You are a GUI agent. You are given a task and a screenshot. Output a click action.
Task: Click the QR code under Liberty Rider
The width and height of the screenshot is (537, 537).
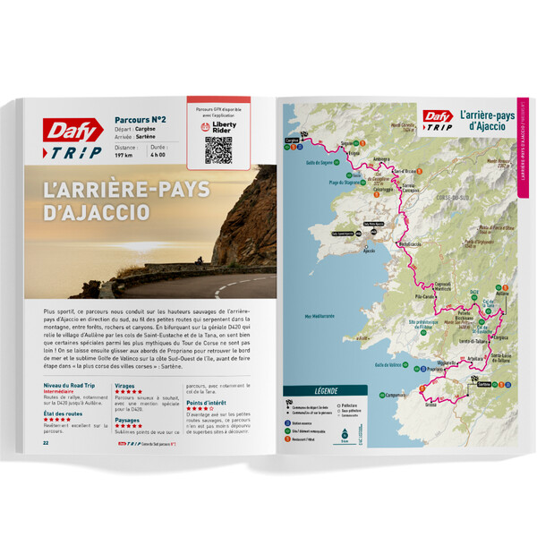(x=217, y=149)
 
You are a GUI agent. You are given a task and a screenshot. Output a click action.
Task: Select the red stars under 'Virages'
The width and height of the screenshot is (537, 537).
(x=128, y=391)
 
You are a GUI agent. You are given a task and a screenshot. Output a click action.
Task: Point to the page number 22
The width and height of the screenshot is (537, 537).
(x=46, y=441)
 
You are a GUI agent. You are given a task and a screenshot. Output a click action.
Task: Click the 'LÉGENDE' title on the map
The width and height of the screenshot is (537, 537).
(x=324, y=391)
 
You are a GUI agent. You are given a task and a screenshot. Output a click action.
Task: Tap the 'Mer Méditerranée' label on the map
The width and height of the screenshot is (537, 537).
(x=322, y=315)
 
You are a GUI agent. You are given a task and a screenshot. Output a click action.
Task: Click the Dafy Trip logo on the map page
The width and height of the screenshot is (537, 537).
(x=438, y=118)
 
